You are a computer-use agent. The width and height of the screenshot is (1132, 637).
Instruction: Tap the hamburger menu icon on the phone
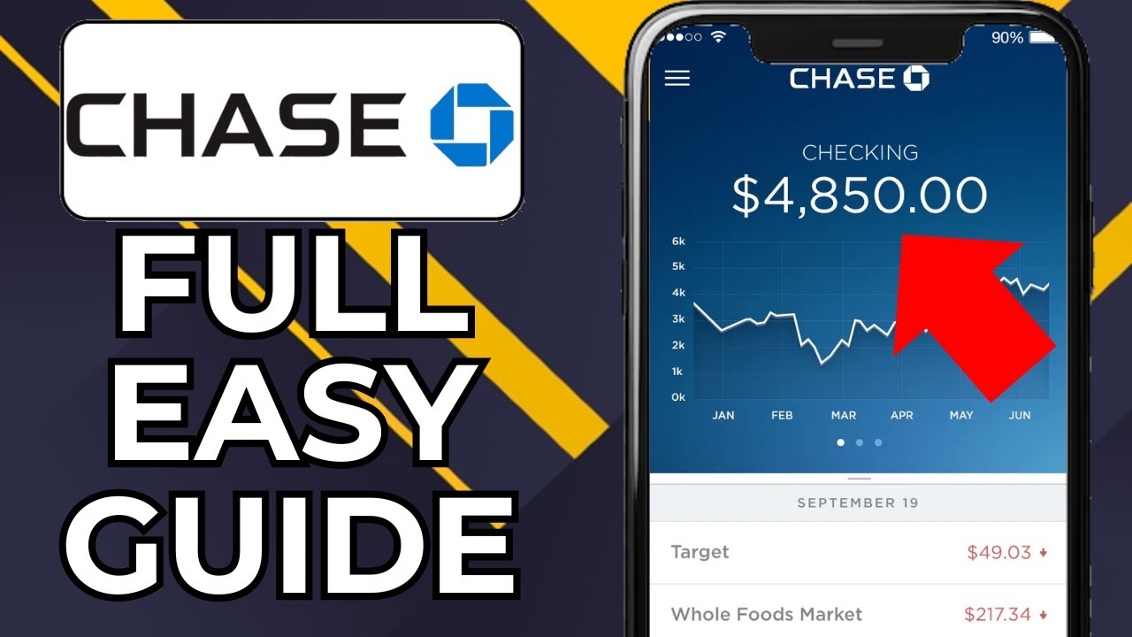click(677, 78)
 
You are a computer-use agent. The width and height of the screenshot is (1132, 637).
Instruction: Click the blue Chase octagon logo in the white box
click(471, 125)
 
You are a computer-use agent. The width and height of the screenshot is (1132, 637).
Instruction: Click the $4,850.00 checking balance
click(859, 196)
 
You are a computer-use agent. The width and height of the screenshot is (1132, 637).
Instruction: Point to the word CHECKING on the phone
click(860, 153)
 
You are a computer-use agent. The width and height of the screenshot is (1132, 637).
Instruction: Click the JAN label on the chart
click(723, 415)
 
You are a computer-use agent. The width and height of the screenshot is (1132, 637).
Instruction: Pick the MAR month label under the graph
click(843, 415)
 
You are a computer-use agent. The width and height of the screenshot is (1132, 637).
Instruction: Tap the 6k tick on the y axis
click(678, 242)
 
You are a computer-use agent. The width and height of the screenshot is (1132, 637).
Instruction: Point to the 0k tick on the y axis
click(678, 397)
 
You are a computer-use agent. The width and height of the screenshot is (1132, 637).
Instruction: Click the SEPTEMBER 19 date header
click(858, 503)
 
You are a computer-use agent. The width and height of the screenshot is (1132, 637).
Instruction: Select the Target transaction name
click(700, 552)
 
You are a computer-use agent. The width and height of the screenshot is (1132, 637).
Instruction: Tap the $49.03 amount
click(998, 553)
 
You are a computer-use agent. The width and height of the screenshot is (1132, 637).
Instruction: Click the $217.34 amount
click(997, 614)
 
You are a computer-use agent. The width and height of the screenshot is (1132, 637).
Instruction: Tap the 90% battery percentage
click(1007, 38)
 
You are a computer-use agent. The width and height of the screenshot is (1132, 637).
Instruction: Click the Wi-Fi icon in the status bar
click(718, 37)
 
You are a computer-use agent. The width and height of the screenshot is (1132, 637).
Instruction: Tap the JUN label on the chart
click(1020, 415)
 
